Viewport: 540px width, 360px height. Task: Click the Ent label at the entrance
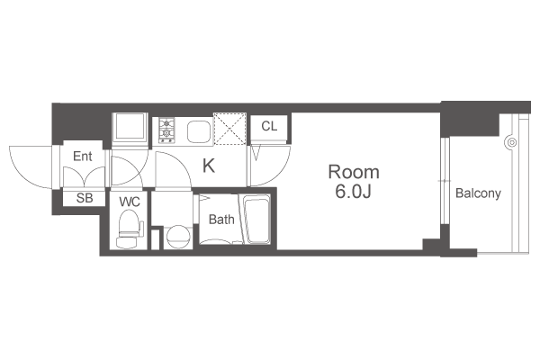(x=82, y=156)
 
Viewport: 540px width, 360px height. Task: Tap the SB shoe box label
(x=85, y=198)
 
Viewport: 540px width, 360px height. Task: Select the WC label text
(x=130, y=202)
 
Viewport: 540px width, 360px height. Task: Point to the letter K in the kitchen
(x=209, y=166)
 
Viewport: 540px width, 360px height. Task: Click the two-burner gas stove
(x=166, y=130)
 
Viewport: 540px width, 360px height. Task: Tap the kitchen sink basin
(x=199, y=131)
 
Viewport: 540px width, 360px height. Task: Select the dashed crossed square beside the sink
(x=229, y=129)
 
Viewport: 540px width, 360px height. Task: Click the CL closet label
(x=269, y=126)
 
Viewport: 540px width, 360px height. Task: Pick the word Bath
(x=221, y=219)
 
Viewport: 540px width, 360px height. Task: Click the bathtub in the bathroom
(x=256, y=220)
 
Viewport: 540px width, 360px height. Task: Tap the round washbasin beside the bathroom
(x=178, y=237)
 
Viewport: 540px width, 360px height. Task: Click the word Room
(x=354, y=172)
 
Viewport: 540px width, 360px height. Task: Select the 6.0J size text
(x=353, y=192)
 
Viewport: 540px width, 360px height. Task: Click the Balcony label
(x=478, y=193)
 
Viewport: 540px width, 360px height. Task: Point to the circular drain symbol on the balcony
(x=512, y=142)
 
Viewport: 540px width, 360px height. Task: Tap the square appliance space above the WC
(x=130, y=126)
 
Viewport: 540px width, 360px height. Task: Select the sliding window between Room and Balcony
(x=445, y=181)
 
